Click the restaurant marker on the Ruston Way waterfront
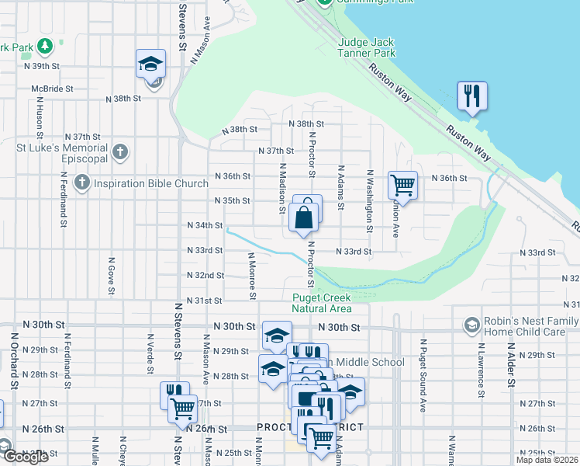tap(471, 96)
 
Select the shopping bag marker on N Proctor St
tap(305, 217)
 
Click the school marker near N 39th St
tap(151, 64)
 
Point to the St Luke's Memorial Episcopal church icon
tap(119, 152)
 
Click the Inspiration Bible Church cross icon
tap(82, 183)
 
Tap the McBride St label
tap(52, 89)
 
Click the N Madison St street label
tap(282, 187)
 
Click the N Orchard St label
tap(14, 361)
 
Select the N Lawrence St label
tap(482, 371)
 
